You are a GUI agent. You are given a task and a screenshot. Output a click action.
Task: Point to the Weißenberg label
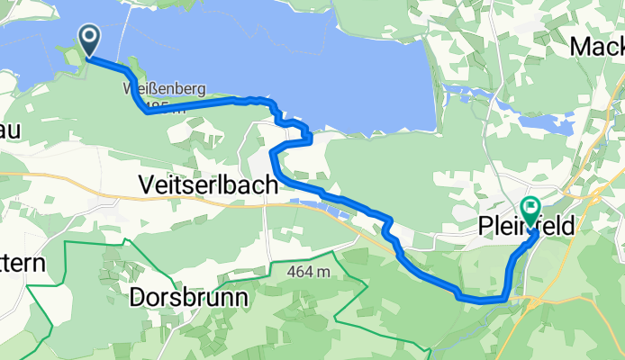point(164,89)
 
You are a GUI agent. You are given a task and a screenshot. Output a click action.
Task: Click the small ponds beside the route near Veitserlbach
point(328,212)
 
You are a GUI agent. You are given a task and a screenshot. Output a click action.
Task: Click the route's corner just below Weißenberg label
point(147,112)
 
